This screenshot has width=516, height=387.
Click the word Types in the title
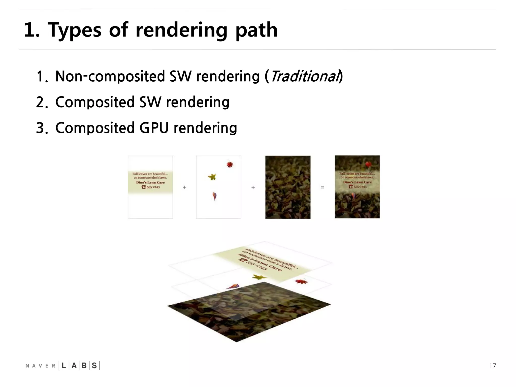coord(75,30)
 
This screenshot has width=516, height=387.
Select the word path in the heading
coord(256,30)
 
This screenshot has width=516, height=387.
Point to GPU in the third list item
coord(154,128)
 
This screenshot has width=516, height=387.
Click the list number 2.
coord(41,102)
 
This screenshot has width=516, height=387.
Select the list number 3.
coord(41,128)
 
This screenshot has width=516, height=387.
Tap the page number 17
coord(492,366)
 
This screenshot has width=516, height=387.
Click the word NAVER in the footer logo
coord(40,366)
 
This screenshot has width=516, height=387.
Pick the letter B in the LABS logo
coord(84,366)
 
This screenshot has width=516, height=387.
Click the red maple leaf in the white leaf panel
coord(230,165)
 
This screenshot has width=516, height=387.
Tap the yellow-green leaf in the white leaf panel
coord(212,177)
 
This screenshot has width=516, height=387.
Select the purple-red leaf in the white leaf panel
coord(214,196)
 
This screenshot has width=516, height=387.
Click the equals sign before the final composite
coord(322,187)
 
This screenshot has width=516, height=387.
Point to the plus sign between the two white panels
coord(184,187)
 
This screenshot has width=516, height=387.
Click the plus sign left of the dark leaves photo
coord(253,187)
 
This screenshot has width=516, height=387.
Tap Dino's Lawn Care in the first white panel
coord(150,182)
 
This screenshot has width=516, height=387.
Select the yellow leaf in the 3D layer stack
coord(260,277)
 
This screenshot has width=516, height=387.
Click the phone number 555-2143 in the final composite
coord(360,187)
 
